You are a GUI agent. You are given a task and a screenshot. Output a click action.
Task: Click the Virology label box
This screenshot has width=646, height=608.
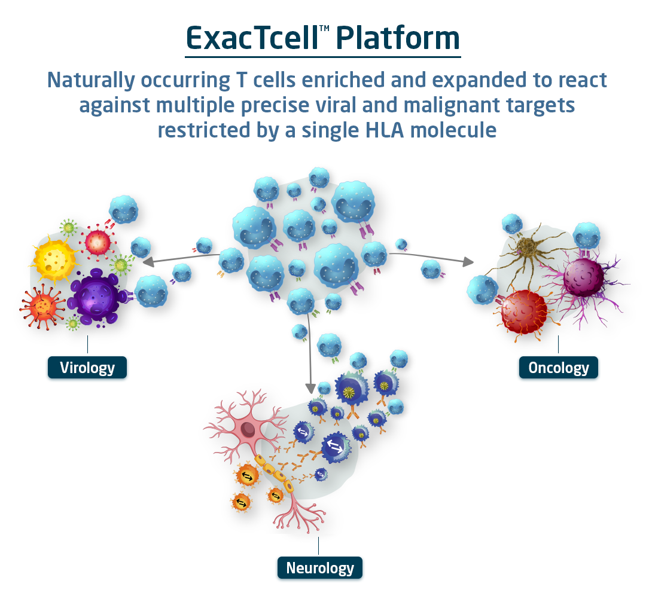pos(87,368)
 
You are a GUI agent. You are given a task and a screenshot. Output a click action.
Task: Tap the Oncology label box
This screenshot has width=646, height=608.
pos(558,368)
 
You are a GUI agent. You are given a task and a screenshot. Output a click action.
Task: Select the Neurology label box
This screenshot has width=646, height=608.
pos(320,568)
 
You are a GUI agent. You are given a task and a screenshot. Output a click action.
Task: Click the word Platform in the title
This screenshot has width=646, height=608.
pos(398,38)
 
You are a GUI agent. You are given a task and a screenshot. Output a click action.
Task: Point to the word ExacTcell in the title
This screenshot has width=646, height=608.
pos(252,38)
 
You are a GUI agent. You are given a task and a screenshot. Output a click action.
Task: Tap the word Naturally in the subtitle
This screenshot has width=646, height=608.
pos(91,81)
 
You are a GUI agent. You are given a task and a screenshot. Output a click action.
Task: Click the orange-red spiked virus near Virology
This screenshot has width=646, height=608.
pos(42,307)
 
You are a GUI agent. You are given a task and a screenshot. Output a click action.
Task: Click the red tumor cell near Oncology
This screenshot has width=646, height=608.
pos(523,312)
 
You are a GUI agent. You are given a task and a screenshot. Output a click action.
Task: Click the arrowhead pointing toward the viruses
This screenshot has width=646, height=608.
pos(148,262)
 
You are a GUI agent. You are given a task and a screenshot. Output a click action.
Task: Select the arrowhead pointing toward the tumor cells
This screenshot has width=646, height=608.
pos(468,261)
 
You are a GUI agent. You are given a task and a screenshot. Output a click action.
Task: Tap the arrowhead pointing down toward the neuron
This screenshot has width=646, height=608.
pos(310,388)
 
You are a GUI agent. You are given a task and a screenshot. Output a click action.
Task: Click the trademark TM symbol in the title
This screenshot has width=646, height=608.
pos(324,29)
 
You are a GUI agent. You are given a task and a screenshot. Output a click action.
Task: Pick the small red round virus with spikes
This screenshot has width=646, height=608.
pos(97,242)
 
